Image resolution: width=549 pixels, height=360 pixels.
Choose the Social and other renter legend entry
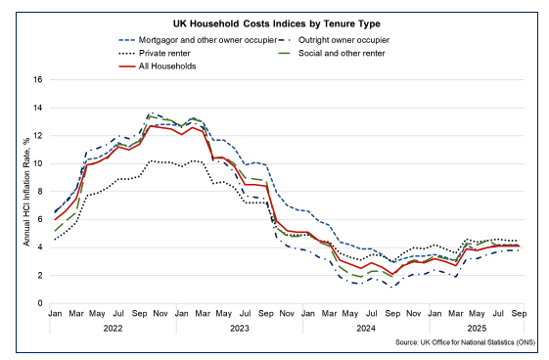(x=339, y=53)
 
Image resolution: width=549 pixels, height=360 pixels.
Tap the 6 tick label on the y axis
(x=39, y=220)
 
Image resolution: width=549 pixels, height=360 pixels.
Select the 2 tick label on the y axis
(x=39, y=276)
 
